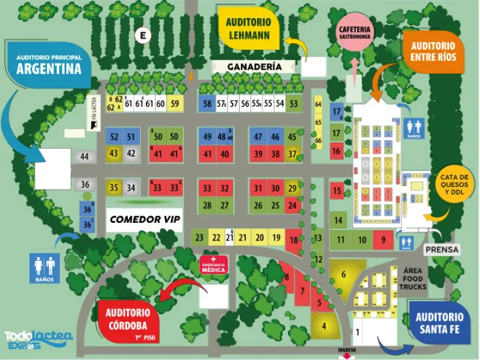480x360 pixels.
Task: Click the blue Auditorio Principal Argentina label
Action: (48, 65)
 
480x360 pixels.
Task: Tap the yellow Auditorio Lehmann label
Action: (249, 27)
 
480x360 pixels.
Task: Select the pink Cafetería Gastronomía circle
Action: (354, 32)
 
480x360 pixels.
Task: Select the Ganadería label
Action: (254, 66)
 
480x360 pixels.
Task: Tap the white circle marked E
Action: (144, 35)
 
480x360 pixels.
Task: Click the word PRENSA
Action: (442, 250)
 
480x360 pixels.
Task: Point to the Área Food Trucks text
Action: (412, 278)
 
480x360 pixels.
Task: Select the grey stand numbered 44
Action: (85, 157)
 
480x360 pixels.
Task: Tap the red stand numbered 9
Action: (385, 240)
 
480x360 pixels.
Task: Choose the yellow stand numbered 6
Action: (344, 274)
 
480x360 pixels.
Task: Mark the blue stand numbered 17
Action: (336, 112)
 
